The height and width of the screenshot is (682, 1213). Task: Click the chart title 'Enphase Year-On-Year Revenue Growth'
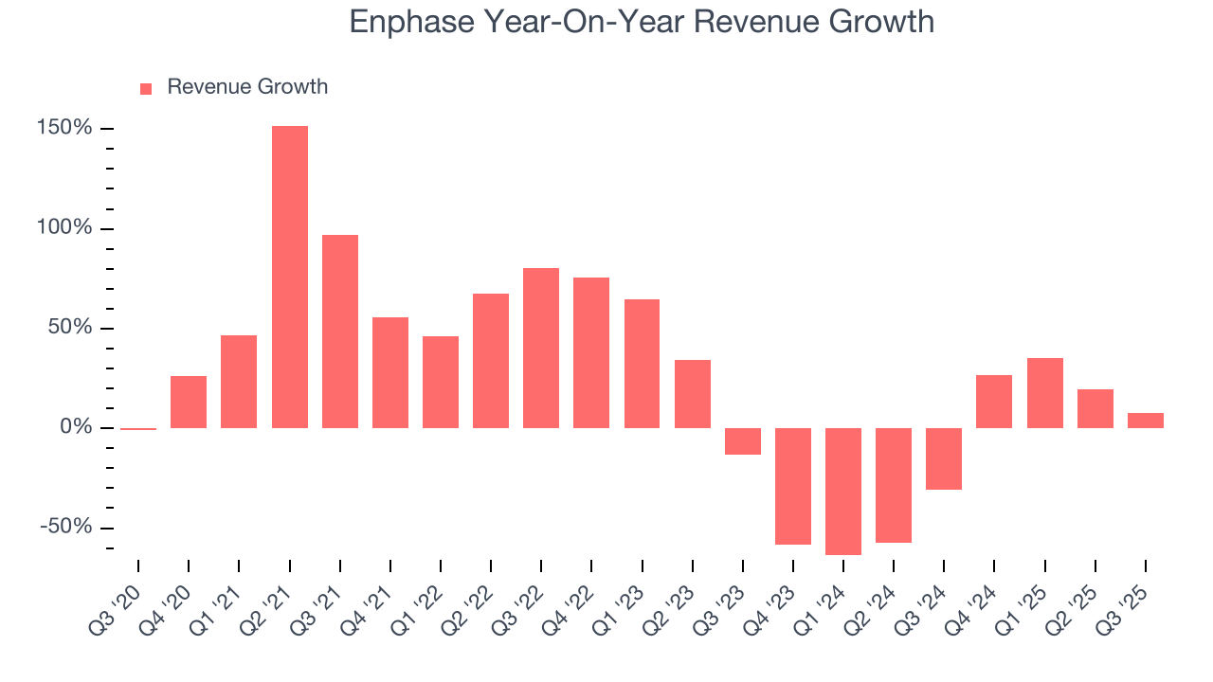point(642,22)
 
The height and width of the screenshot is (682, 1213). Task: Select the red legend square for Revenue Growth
point(146,88)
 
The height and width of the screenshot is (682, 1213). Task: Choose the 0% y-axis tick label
point(77,427)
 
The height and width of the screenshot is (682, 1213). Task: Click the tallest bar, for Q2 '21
point(289,277)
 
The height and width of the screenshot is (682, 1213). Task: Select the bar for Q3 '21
point(340,332)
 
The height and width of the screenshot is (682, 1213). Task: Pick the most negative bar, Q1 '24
point(843,491)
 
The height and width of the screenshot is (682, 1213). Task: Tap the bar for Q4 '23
point(793,486)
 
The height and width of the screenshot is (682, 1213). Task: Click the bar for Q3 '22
point(541,348)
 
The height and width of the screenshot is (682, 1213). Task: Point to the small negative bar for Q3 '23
point(743,441)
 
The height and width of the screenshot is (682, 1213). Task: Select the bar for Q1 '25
point(1044,393)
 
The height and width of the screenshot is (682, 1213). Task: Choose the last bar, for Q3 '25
point(1145,421)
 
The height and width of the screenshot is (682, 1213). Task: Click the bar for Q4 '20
point(189,402)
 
